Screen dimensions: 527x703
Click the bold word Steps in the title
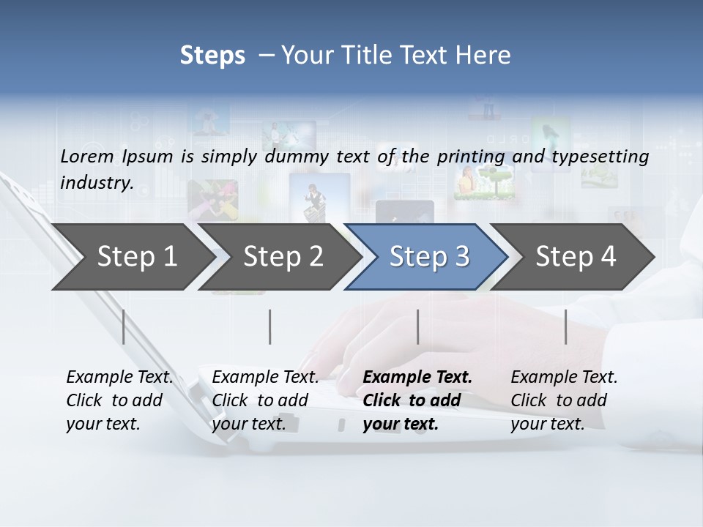(212, 55)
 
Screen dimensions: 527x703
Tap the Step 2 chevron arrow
(283, 257)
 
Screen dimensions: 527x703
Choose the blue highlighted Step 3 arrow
(428, 257)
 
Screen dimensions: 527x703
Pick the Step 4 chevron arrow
(576, 257)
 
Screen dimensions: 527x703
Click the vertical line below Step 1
(124, 326)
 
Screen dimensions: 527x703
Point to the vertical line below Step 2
(270, 326)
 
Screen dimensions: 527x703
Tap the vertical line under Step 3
(417, 326)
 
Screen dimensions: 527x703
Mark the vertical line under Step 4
(565, 326)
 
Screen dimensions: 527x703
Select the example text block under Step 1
(119, 400)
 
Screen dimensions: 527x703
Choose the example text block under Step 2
(265, 400)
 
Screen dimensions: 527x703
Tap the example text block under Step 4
(564, 400)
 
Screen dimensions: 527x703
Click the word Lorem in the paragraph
(87, 156)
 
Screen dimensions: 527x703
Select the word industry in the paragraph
(96, 182)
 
